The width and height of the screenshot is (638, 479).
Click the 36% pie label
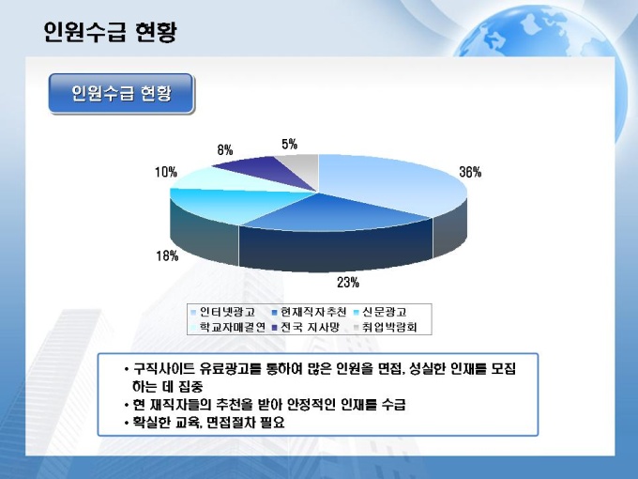470,172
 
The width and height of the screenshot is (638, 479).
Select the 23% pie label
348,283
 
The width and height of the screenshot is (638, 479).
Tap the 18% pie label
167,255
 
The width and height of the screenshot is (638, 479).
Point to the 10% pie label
166,172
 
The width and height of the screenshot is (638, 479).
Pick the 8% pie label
225,150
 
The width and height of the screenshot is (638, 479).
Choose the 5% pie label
289,144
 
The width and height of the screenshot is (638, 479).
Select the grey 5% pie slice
304,168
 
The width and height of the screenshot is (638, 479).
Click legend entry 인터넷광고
223,312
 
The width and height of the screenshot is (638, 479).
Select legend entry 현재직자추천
309,312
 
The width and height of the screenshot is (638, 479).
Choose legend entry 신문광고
380,312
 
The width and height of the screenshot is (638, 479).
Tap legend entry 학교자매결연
228,327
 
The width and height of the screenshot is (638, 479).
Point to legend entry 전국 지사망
305,327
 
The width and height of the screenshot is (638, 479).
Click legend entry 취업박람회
386,327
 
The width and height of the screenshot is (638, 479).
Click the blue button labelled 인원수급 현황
121,93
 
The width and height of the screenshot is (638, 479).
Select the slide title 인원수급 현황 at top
111,32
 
